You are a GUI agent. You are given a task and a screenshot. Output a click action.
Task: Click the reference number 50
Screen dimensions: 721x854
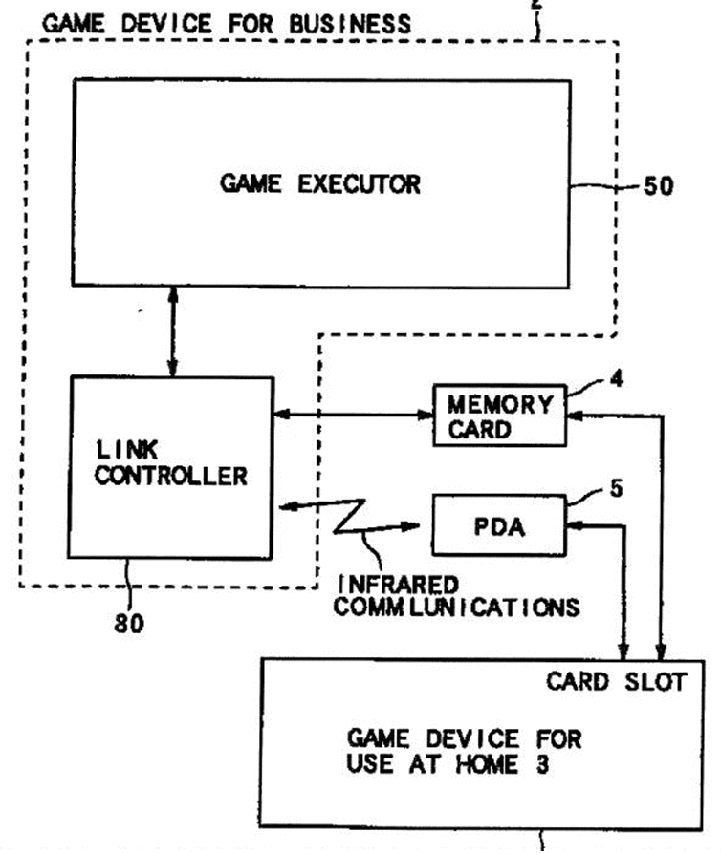(658, 186)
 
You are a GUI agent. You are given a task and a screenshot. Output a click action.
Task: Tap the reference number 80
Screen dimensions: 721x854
(129, 623)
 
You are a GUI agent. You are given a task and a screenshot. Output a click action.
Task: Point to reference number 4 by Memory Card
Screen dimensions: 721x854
(616, 379)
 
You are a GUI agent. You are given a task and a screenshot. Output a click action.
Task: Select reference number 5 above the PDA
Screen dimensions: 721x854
(616, 488)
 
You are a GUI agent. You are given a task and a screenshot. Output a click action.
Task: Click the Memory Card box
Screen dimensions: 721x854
(499, 416)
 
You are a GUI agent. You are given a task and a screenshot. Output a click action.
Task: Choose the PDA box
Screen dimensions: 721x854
(499, 525)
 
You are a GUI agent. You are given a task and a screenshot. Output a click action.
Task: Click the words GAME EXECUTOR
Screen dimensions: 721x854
(320, 184)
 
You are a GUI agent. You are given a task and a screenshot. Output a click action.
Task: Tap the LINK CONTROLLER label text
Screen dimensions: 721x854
(171, 463)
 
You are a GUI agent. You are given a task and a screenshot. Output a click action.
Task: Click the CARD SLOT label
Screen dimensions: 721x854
(616, 682)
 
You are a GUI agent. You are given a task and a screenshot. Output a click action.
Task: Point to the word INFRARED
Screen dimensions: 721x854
(398, 585)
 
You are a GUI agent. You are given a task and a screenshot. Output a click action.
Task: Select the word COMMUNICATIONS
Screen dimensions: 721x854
(456, 608)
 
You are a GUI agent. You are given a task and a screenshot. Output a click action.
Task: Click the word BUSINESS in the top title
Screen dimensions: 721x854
(350, 24)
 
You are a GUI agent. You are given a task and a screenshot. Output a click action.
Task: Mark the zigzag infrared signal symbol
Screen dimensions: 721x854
(349, 517)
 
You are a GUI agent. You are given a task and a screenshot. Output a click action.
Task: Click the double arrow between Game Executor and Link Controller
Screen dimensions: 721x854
(173, 331)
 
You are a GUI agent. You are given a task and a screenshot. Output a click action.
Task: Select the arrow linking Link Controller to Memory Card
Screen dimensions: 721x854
(353, 415)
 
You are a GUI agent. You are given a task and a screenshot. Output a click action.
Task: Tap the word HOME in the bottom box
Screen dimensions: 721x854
(487, 764)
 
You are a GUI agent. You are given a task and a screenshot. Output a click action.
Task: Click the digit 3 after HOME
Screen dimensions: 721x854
(542, 764)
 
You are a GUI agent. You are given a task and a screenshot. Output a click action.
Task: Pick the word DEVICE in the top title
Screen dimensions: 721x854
(166, 24)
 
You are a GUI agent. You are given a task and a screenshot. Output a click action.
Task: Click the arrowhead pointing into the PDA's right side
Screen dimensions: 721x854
(575, 525)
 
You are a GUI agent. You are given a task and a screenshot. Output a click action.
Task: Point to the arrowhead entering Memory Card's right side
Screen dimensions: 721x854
(575, 416)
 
